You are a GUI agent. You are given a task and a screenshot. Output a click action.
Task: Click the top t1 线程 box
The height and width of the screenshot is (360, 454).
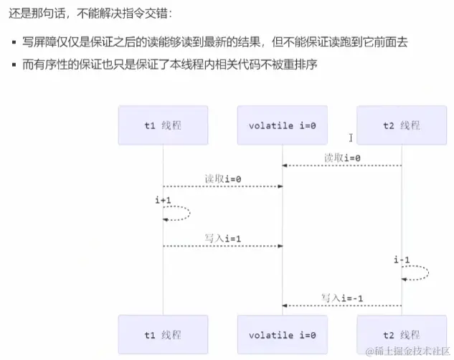(163, 125)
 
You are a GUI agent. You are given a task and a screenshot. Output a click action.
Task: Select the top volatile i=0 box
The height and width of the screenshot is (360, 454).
(282, 125)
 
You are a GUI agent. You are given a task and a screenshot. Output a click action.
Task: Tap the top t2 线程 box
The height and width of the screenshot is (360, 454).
(401, 125)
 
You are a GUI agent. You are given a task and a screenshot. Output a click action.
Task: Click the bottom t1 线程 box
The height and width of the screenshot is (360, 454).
(163, 335)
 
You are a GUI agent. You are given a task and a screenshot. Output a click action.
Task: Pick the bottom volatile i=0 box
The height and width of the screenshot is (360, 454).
(282, 335)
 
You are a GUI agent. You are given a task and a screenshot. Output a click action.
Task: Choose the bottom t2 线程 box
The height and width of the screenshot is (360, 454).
(401, 335)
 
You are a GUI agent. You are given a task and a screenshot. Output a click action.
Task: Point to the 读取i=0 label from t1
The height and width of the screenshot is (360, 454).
(222, 179)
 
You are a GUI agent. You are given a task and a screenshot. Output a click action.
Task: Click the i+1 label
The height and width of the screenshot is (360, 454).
(163, 199)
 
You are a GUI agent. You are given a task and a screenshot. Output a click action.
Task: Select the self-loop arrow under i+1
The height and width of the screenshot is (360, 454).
(179, 213)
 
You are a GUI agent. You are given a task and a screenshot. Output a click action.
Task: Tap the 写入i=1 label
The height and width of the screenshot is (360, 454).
(222, 237)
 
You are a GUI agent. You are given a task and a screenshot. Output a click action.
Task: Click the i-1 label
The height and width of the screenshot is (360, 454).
(401, 259)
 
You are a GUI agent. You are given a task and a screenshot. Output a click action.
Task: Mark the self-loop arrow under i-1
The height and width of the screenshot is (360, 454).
(417, 273)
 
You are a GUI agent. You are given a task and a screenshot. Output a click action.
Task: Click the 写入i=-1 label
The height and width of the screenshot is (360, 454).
(342, 297)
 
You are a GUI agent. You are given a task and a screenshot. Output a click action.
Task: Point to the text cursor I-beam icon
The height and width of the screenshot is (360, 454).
(351, 137)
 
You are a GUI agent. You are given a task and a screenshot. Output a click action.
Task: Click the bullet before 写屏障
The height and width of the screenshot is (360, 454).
(14, 42)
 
